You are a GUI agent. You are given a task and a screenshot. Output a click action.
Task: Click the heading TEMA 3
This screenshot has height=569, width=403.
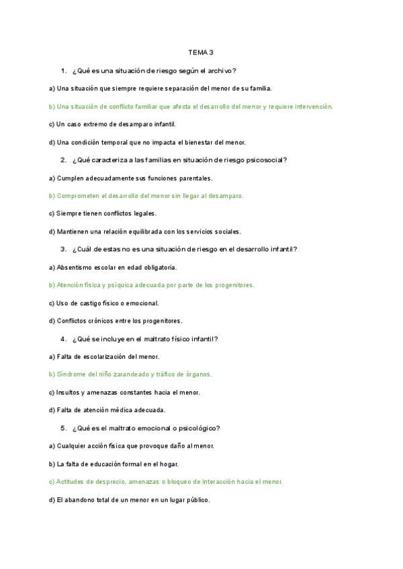(201, 52)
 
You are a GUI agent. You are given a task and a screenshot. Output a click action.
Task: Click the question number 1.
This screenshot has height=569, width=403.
(62, 70)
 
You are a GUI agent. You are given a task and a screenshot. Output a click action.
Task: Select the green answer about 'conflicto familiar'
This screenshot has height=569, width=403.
(191, 106)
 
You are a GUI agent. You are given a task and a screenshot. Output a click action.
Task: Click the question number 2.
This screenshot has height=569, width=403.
(62, 160)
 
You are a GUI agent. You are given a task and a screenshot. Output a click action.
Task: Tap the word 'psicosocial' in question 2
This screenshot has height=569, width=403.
(265, 160)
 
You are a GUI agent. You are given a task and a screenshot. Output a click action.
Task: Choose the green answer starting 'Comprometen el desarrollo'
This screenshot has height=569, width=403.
(146, 195)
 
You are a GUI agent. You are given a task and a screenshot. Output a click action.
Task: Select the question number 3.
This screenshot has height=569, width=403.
(62, 249)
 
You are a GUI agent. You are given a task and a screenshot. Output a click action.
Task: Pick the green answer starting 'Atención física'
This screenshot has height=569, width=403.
(152, 285)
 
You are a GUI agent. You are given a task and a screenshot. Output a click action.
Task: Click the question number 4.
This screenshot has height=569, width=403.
(62, 339)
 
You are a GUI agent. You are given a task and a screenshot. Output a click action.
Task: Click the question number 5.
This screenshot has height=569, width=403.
(62, 428)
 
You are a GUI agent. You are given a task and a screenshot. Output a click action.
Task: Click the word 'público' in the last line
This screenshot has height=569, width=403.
(197, 500)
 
